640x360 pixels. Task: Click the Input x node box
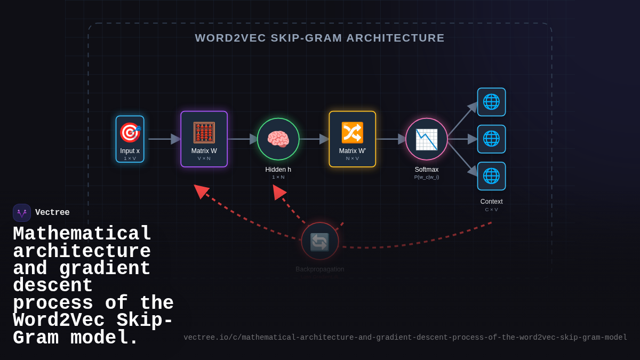pos(130,139)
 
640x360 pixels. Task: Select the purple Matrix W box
pos(204,139)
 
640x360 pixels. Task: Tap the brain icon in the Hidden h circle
pos(278,139)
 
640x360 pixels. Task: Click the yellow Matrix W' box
pos(352,139)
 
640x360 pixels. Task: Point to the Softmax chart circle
pos(426,139)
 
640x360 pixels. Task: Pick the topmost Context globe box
pos(491,102)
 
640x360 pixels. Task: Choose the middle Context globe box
pos(491,139)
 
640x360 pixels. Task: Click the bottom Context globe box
pos(491,176)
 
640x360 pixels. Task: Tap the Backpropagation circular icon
pos(319,241)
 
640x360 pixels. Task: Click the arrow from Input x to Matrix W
pos(163,139)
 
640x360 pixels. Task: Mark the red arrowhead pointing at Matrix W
pos(201,190)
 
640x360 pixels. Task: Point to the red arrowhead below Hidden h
pos(278,191)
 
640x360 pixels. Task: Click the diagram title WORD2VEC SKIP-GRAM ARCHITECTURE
pos(319,38)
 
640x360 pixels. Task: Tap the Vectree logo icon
pos(22,213)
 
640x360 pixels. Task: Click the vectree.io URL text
pos(405,338)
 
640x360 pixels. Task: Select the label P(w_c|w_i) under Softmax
pos(426,177)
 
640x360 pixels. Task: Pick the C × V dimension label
pos(491,210)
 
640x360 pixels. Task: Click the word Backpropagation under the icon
pos(319,269)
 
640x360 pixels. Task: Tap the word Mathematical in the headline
pos(82,234)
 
